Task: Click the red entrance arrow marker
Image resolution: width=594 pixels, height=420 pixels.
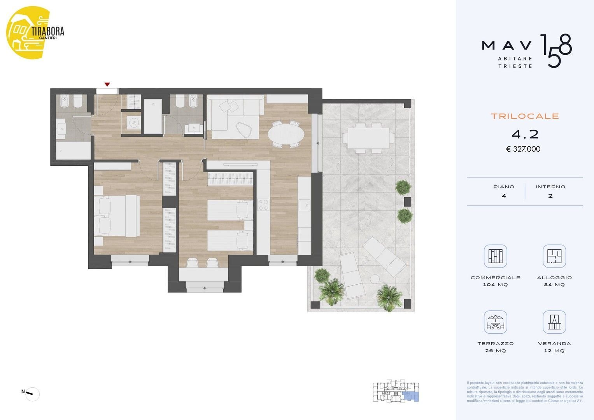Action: pos(107,84)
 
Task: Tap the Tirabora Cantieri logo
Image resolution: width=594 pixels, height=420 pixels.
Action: pos(35,32)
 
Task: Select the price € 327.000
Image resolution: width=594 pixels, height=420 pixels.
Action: pos(523,149)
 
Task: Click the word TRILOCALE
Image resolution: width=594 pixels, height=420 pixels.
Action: pos(525,116)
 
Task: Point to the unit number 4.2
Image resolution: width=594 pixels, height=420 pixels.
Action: pos(525,135)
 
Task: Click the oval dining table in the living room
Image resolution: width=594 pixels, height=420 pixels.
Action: pos(286,134)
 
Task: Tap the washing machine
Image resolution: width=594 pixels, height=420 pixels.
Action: pos(134,122)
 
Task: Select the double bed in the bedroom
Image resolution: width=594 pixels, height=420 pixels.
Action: pos(117,216)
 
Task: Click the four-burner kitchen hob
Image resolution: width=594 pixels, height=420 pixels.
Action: pos(264,205)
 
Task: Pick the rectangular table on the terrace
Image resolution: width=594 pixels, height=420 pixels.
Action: pos(369,138)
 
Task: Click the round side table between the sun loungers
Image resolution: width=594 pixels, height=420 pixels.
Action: pos(375,279)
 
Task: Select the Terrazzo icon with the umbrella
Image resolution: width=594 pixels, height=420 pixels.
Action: pos(495,322)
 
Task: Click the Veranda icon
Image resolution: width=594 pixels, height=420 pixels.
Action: pos(554,322)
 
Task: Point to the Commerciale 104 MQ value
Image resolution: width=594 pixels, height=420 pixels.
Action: pos(495,285)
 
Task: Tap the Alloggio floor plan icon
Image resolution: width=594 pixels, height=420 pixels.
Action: pos(554,256)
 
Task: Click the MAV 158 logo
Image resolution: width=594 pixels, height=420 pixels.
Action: pos(526,51)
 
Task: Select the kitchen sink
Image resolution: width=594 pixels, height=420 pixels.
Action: pos(305,205)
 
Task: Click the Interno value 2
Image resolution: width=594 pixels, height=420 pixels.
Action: pos(550,196)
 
